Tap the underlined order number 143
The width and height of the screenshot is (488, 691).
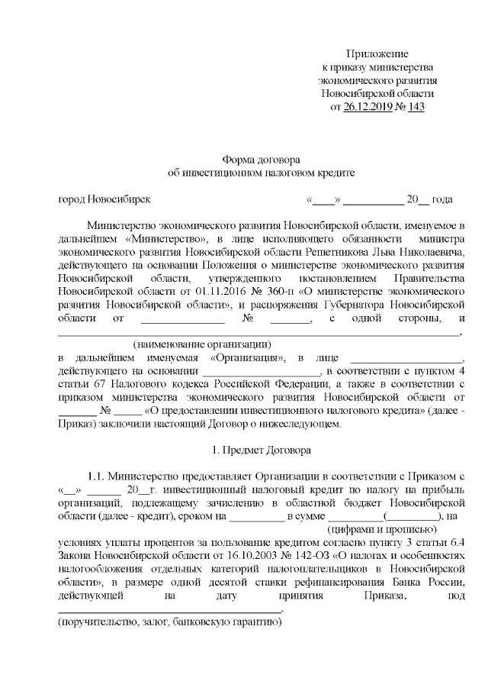(416, 106)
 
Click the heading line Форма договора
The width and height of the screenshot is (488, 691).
(262, 159)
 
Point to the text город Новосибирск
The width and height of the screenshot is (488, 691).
(104, 199)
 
